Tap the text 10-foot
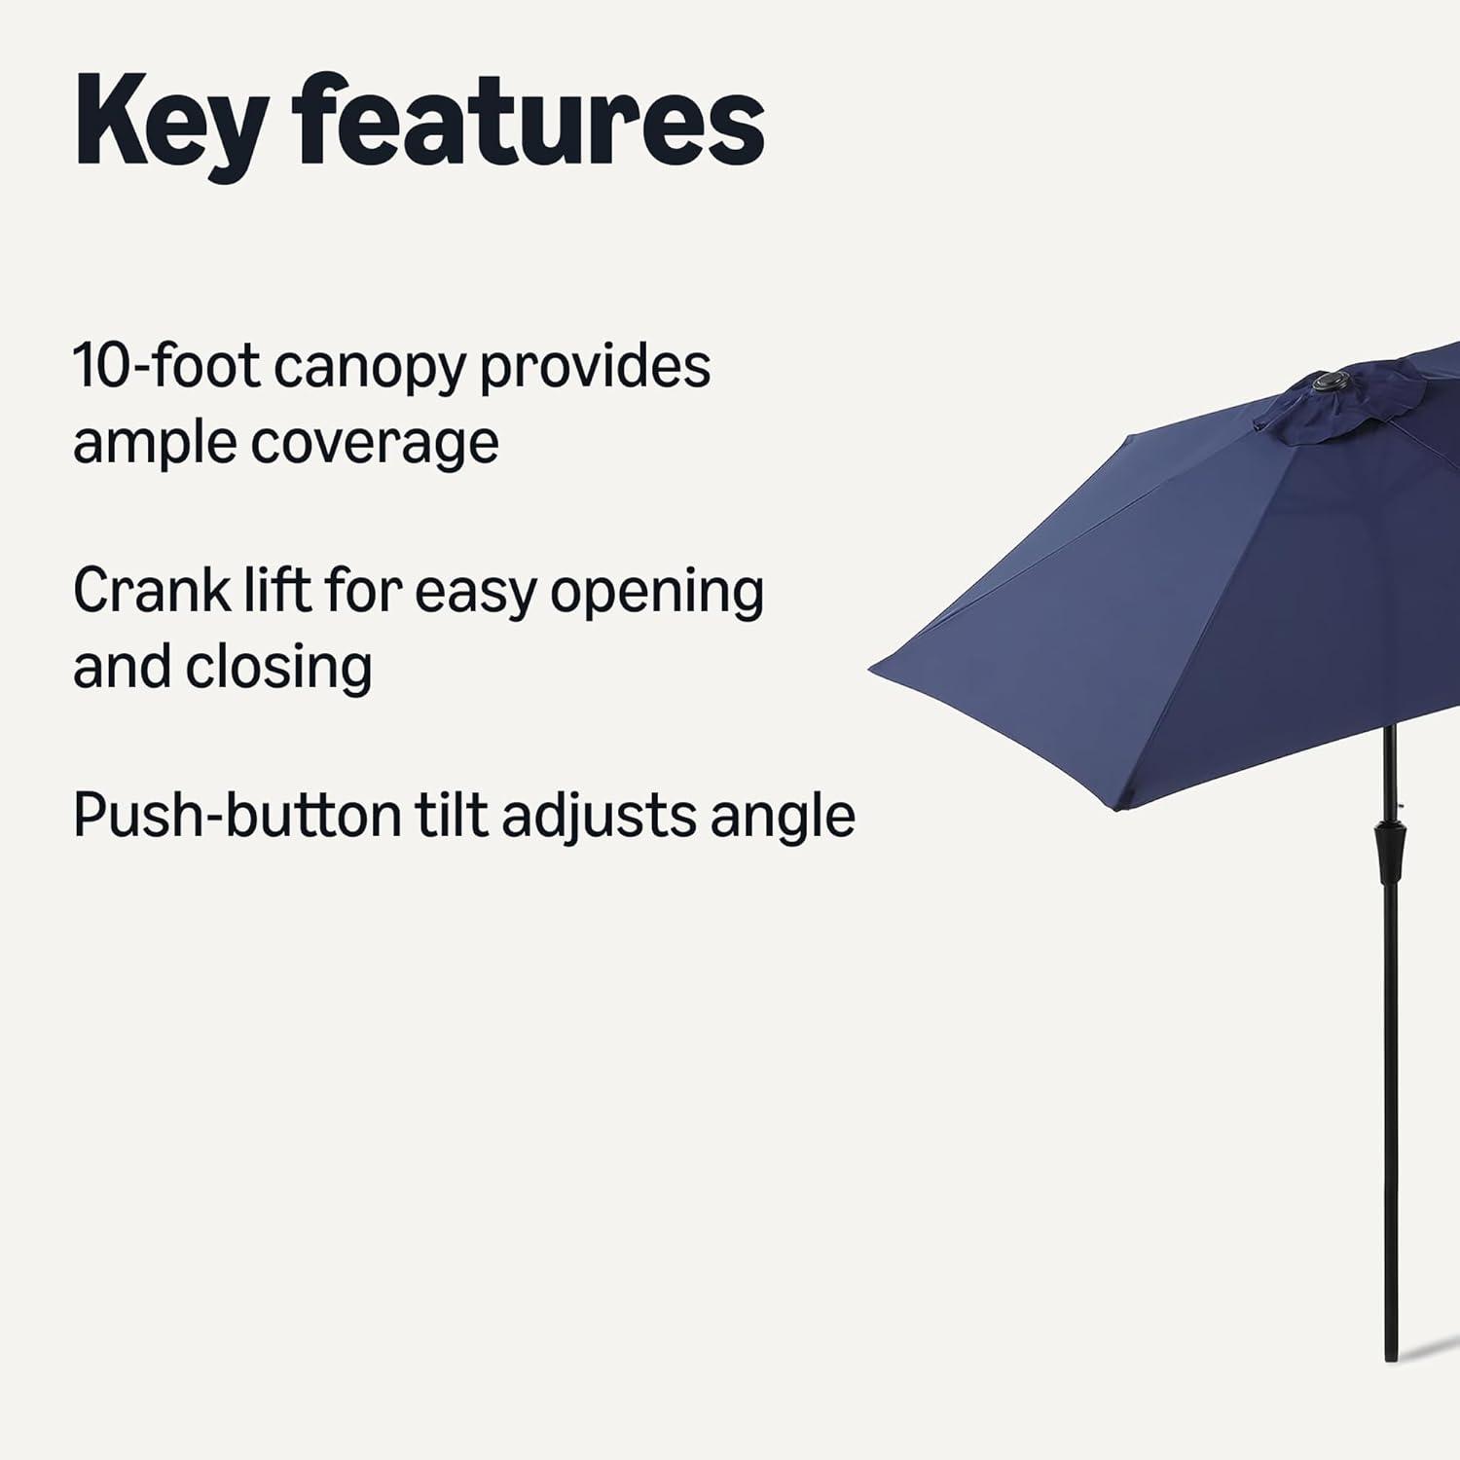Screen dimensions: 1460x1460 point(166,366)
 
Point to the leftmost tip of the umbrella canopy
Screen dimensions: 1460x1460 point(869,669)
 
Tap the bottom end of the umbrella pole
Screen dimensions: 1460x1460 point(1390,1359)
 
